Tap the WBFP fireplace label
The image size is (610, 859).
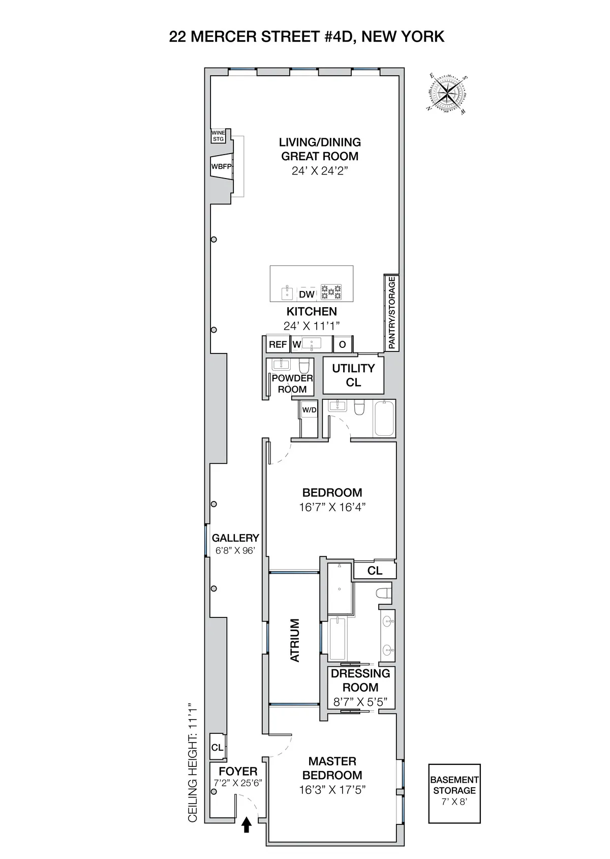click(218, 166)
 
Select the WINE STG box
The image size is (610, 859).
click(218, 136)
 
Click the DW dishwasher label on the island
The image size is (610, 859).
click(307, 294)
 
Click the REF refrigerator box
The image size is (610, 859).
click(278, 344)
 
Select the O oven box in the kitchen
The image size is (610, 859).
click(342, 344)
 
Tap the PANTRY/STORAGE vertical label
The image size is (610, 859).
click(391, 312)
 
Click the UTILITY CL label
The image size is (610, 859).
click(353, 375)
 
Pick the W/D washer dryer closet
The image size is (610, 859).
click(309, 410)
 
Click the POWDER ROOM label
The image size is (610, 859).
click(292, 383)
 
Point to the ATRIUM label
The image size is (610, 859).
click(295, 640)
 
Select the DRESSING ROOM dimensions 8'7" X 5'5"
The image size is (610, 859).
click(360, 702)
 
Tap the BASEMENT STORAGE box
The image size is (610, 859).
click(454, 793)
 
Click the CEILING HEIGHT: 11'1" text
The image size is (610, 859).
click(193, 763)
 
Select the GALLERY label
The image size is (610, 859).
click(235, 538)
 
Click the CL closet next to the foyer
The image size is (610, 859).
click(217, 748)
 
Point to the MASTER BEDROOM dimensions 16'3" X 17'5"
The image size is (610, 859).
click(332, 790)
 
